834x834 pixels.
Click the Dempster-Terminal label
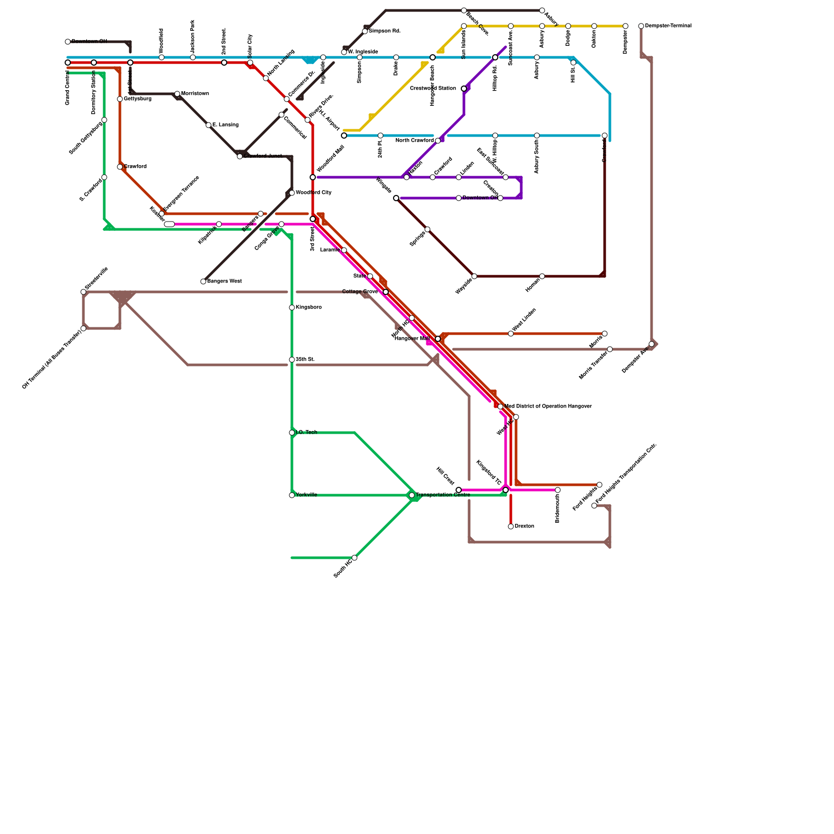[668, 26]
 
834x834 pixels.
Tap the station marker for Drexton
[511, 526]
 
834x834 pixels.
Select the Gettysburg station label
[138, 99]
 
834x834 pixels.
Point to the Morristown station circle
[177, 94]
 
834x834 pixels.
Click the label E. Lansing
[225, 125]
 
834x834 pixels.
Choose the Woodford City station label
[313, 193]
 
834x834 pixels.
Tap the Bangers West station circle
[203, 281]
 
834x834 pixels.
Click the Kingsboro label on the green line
[309, 308]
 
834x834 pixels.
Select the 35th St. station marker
[292, 360]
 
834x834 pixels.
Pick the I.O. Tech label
[306, 433]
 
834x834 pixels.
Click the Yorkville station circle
[292, 495]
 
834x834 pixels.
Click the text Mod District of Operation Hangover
[548, 407]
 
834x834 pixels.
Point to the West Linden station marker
[511, 334]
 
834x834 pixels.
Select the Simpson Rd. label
[385, 31]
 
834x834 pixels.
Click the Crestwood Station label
[433, 89]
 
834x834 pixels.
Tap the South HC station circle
[354, 558]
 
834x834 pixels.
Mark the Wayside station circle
[474, 276]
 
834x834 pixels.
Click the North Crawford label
[414, 141]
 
